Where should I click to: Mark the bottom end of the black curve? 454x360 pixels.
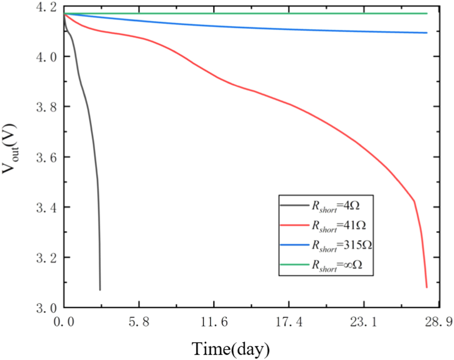click(100, 290)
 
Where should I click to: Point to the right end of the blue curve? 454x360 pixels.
click(427, 33)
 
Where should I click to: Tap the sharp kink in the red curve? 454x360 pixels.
click(414, 201)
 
